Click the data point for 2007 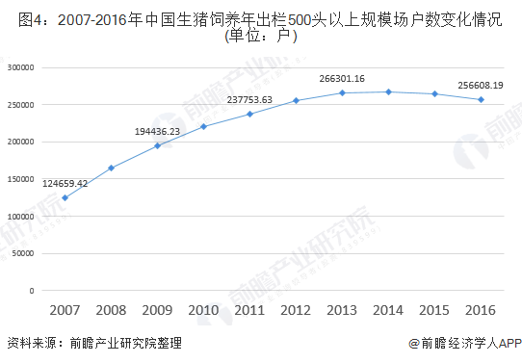pos(65,197)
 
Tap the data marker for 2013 pos(342,92)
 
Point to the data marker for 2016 pos(481,99)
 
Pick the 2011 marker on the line pos(249,114)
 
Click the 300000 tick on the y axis pos(19,67)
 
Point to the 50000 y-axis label pos(21,253)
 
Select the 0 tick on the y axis pos(32,290)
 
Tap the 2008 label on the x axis pos(112,310)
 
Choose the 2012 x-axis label pos(296,310)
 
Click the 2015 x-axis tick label pos(434,310)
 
